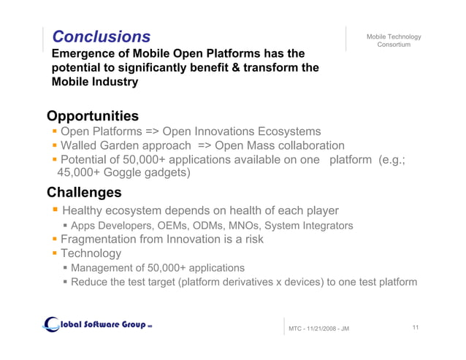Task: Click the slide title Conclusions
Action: [x=102, y=37]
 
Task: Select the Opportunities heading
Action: [x=93, y=116]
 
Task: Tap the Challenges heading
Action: [x=84, y=193]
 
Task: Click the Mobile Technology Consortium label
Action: [x=394, y=41]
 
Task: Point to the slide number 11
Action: [x=415, y=327]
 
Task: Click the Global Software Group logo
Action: [x=97, y=324]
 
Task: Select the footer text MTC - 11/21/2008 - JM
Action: [x=319, y=329]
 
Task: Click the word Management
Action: [x=105, y=268]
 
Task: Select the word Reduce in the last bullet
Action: [x=91, y=282]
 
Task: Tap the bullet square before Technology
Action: [x=54, y=253]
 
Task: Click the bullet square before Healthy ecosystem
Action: [x=54, y=211]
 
